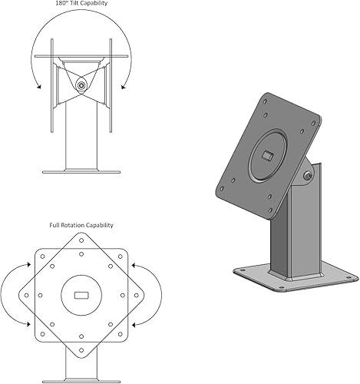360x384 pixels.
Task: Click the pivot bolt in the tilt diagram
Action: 81,85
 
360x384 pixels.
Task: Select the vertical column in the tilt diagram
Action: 81,142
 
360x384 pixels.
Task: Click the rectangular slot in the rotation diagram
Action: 81,295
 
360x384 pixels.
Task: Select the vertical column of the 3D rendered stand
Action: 288,230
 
